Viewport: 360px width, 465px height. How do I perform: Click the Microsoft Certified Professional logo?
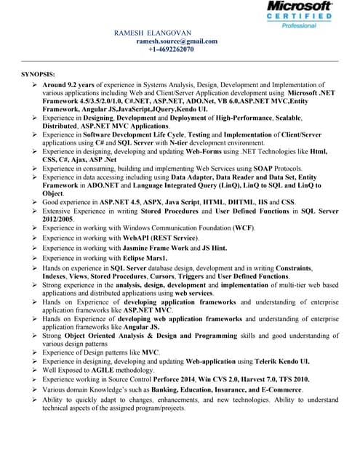tap(299, 15)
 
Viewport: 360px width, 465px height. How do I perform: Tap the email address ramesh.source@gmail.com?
tap(177, 41)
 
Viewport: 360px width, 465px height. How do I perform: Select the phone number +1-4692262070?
tap(171, 49)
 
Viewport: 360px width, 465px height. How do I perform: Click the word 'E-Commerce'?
tap(279, 389)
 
